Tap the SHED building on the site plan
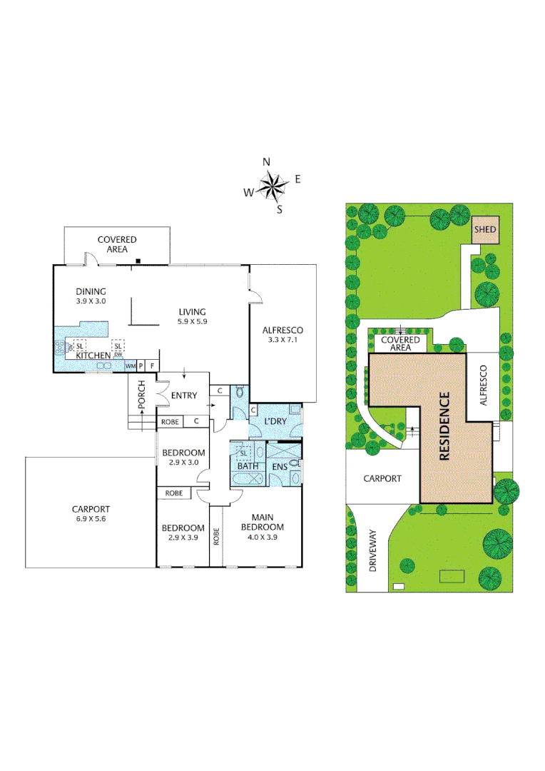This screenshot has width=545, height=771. click(x=486, y=230)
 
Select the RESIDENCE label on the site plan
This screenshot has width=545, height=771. click(x=443, y=426)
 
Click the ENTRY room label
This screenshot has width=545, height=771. click(x=184, y=396)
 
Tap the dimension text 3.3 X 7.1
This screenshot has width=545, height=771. click(x=282, y=340)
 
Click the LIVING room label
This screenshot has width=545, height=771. click(x=192, y=311)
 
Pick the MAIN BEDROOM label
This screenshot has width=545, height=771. click(x=263, y=523)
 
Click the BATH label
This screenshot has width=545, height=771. click(x=247, y=467)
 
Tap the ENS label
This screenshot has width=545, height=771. click(x=279, y=467)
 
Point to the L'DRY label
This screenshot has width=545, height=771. click(x=275, y=421)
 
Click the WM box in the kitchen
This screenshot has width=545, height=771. click(x=131, y=366)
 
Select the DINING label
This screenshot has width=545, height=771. click(x=91, y=291)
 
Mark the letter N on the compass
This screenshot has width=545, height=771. click(x=267, y=162)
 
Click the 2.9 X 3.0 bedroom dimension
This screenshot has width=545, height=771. click(x=183, y=462)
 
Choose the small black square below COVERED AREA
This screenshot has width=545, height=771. click(x=139, y=261)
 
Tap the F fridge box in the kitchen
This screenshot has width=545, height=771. click(x=151, y=366)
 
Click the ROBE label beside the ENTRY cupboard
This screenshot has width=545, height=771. click(x=170, y=422)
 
